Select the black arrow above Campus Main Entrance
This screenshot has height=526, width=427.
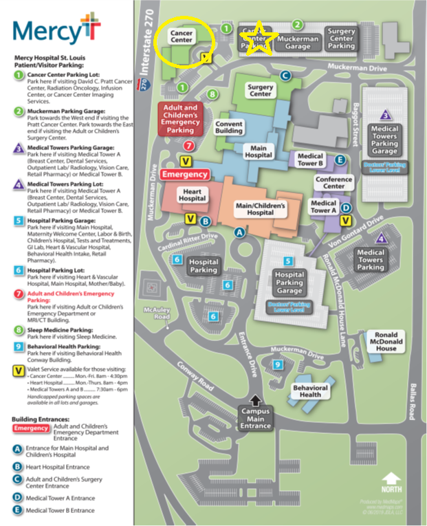(x=255, y=400)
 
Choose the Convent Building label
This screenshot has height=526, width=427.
(x=229, y=127)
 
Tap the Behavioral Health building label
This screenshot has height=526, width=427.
(x=310, y=391)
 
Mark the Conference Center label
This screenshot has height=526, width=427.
(x=333, y=182)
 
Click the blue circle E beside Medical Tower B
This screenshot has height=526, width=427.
(x=340, y=160)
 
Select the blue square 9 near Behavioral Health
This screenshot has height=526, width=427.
(x=278, y=364)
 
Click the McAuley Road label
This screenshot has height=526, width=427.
(x=161, y=313)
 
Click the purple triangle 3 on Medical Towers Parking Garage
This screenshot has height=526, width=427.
(x=385, y=115)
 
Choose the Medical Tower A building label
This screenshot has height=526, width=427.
(x=324, y=207)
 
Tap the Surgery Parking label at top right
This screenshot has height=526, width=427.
(x=342, y=39)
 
